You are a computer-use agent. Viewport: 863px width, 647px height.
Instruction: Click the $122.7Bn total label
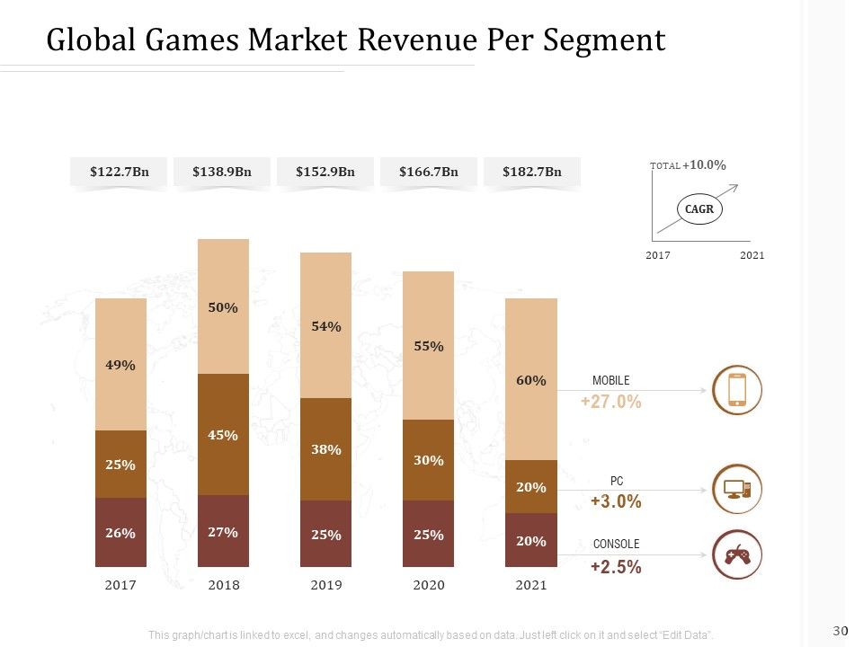[120, 172]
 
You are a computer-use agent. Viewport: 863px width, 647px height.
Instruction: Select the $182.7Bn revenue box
[531, 172]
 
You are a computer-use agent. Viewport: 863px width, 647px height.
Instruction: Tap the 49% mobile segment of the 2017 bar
[121, 364]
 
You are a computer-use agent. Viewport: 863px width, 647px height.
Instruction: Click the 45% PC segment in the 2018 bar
[224, 435]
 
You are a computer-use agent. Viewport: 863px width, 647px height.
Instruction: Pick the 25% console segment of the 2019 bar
[325, 534]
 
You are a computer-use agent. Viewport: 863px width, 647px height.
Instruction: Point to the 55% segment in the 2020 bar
[428, 345]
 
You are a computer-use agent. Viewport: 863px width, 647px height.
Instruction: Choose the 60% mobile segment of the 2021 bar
[531, 379]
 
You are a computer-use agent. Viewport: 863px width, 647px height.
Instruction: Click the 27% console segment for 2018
[224, 531]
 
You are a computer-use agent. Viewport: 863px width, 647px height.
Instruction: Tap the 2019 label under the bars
[326, 585]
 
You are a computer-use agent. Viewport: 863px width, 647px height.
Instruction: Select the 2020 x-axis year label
[429, 585]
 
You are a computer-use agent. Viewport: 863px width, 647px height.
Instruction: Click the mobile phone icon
[737, 390]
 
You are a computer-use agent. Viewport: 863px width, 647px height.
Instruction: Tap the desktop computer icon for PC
[737, 489]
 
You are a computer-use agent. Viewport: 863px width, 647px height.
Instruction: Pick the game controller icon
[737, 554]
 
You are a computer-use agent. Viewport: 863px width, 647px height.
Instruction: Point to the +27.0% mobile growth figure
[611, 402]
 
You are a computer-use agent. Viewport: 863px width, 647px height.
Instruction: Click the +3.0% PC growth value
[616, 501]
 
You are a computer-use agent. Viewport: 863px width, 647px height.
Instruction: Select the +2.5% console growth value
[616, 567]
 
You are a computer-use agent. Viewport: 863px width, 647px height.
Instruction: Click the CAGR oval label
[699, 209]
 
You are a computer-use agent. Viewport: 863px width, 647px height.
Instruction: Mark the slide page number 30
[841, 631]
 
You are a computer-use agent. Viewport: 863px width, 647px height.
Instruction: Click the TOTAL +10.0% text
[688, 165]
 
